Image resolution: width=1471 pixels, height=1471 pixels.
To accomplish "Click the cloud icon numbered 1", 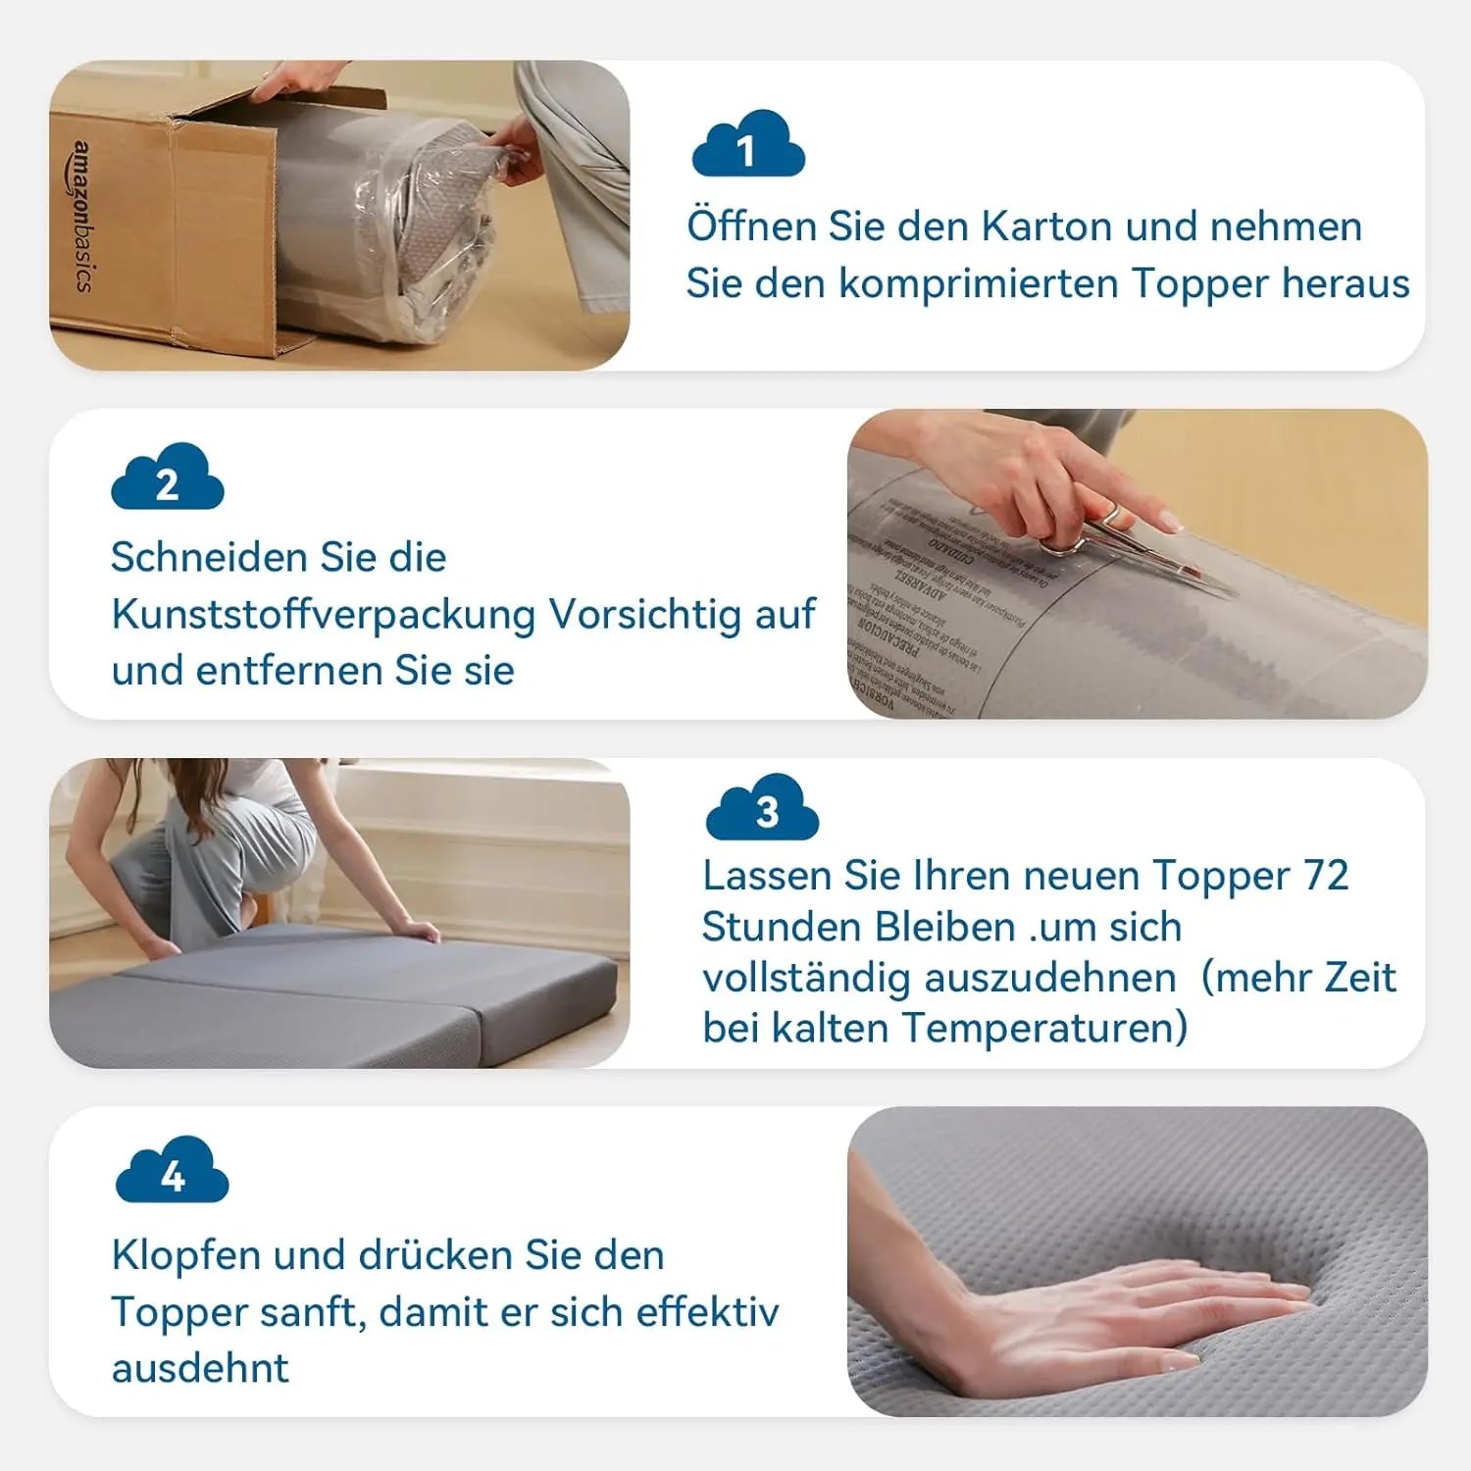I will (748, 146).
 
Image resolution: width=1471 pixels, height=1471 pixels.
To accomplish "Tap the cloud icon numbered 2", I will (168, 479).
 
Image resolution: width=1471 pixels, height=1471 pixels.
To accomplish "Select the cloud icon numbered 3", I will (763, 809).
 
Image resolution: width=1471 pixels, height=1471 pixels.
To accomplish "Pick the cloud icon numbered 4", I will (173, 1172).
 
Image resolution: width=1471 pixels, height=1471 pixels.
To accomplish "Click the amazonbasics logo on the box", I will (84, 217).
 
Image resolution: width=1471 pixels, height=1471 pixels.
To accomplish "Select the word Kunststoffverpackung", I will (324, 615).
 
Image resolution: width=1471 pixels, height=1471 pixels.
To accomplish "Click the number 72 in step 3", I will (1326, 876).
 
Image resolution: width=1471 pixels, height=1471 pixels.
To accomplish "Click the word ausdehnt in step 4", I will (200, 1368).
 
